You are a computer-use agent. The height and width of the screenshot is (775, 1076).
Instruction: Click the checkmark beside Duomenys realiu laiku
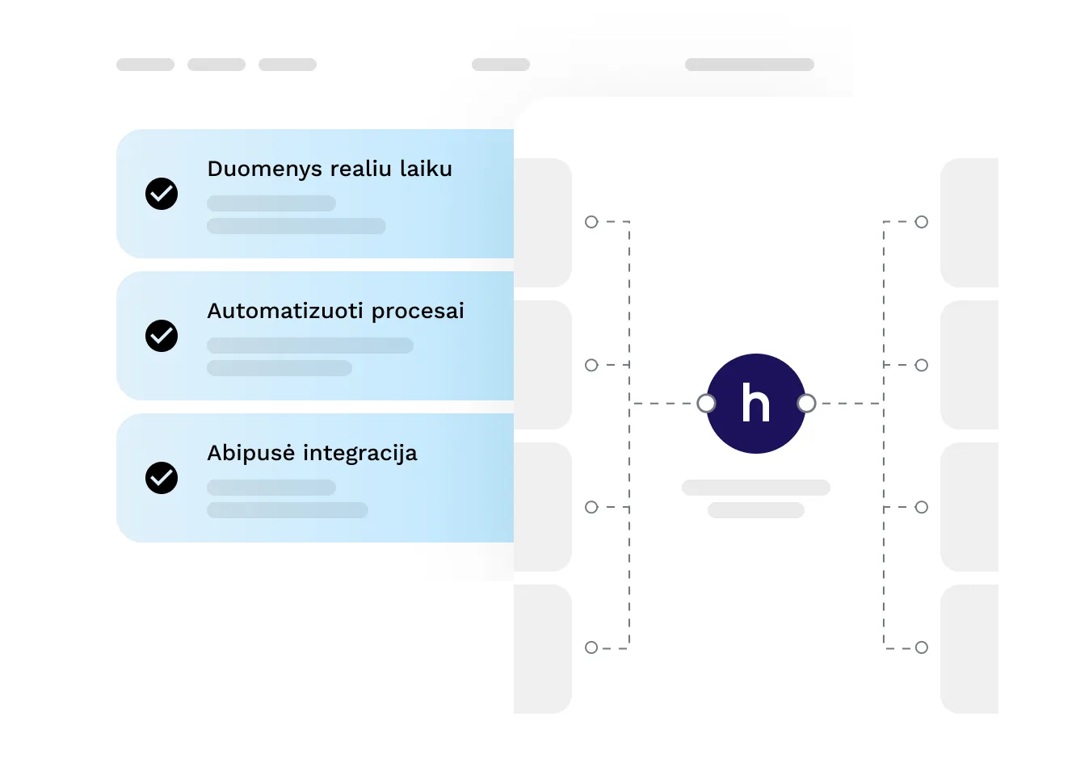pyautogui.click(x=162, y=194)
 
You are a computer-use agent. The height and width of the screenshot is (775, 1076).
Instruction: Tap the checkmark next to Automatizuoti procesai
pyautogui.click(x=162, y=336)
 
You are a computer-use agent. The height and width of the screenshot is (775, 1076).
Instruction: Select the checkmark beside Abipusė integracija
pyautogui.click(x=162, y=478)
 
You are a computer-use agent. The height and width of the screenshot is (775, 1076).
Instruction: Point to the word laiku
pyautogui.click(x=426, y=169)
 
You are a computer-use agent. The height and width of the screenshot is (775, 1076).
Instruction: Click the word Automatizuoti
pyautogui.click(x=285, y=311)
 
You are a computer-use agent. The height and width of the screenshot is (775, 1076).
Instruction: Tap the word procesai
pyautogui.click(x=418, y=312)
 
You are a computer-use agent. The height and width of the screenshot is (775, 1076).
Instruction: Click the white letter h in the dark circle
pyautogui.click(x=755, y=403)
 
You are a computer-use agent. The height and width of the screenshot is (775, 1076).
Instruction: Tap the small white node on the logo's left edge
pyautogui.click(x=706, y=404)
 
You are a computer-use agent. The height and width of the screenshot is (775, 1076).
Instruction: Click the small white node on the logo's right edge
pyautogui.click(x=806, y=404)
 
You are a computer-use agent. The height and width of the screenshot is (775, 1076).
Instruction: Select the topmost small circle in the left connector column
pyautogui.click(x=591, y=222)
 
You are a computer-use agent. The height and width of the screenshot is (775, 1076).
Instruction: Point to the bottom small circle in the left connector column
pyautogui.click(x=591, y=647)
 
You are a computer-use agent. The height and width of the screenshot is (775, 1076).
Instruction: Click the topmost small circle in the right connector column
pyautogui.click(x=922, y=222)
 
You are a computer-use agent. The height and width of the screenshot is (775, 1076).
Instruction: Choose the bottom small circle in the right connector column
pyautogui.click(x=922, y=647)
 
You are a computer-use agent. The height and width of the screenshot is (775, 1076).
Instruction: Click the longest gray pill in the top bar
pyautogui.click(x=750, y=65)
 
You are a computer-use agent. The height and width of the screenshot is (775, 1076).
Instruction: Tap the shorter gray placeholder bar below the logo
pyautogui.click(x=756, y=510)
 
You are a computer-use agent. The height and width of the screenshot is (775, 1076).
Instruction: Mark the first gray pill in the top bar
pyautogui.click(x=145, y=65)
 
